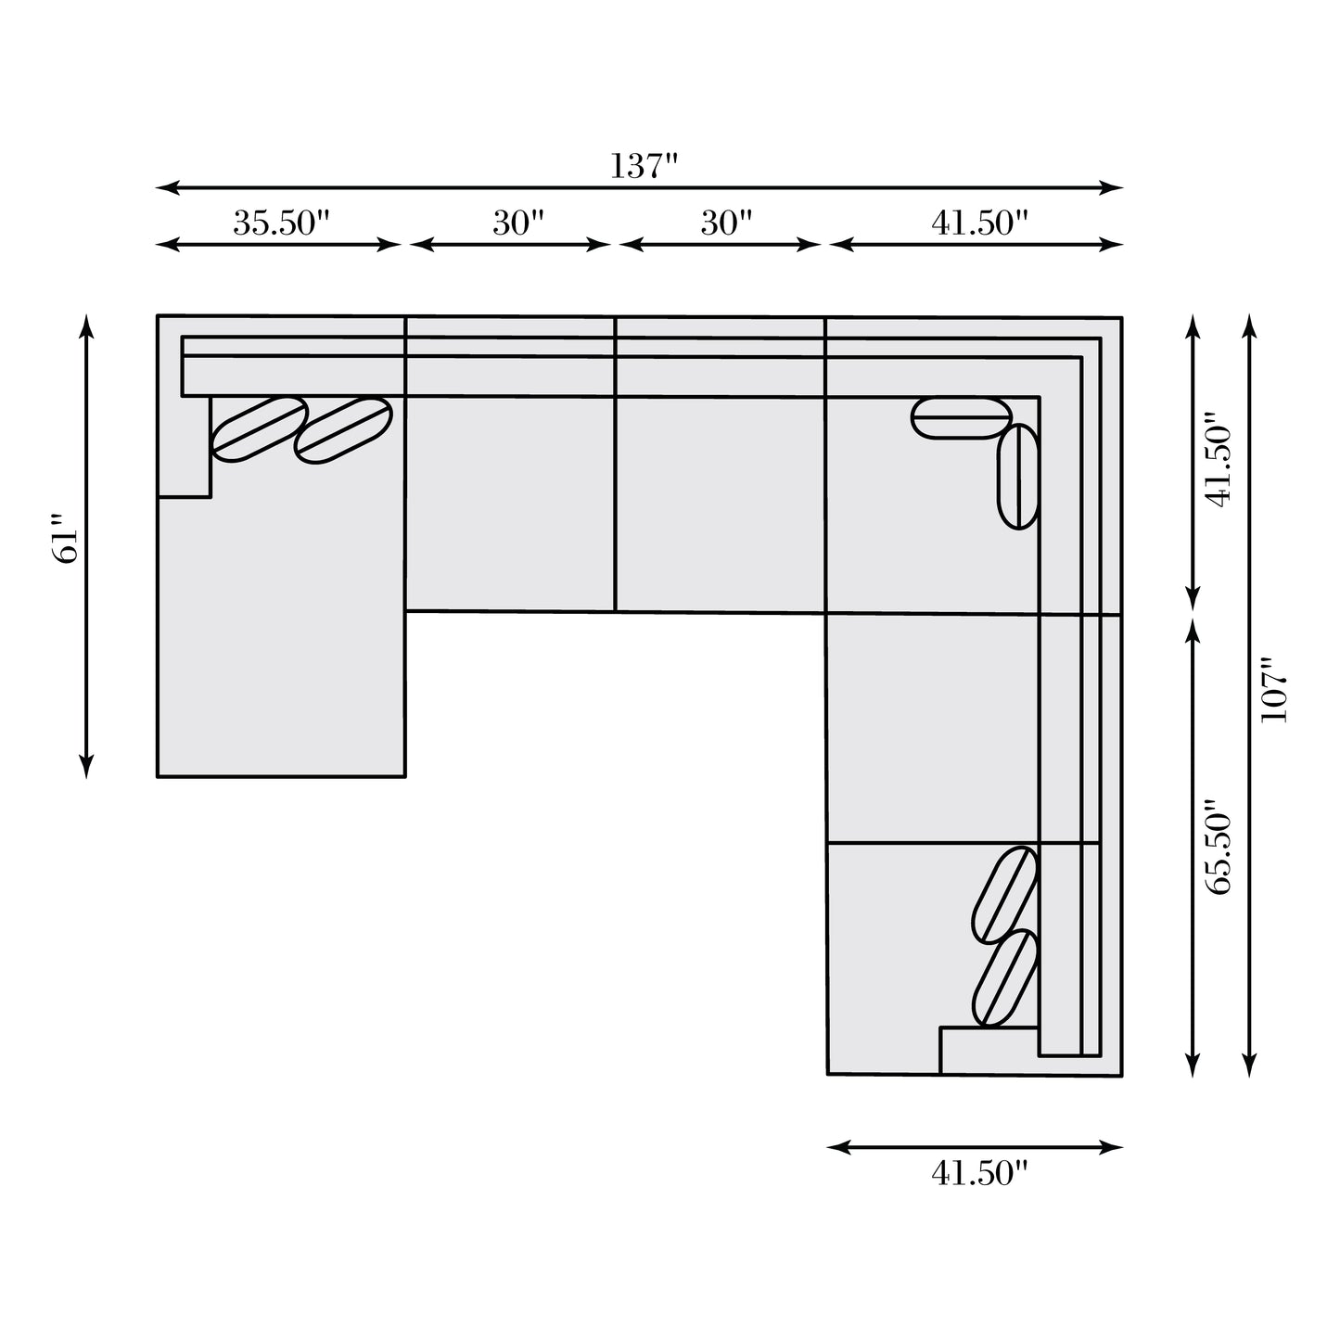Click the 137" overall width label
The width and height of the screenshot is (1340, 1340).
[x=644, y=167]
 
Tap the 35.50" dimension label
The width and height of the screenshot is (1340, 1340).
[x=280, y=223]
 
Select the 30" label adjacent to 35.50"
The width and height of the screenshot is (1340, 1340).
[x=517, y=223]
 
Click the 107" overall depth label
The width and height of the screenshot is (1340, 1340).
[x=1274, y=691]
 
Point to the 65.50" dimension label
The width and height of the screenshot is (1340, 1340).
[x=1219, y=847]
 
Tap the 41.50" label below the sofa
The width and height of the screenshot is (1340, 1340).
[x=980, y=1174]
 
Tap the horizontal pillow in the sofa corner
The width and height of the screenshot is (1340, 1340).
[x=961, y=417]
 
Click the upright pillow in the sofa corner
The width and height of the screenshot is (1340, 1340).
[x=1017, y=476]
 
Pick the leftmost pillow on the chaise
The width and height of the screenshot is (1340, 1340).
[x=260, y=428]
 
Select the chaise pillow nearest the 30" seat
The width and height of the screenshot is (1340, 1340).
[x=343, y=430]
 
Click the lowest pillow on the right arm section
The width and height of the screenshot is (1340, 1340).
[x=1003, y=977]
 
